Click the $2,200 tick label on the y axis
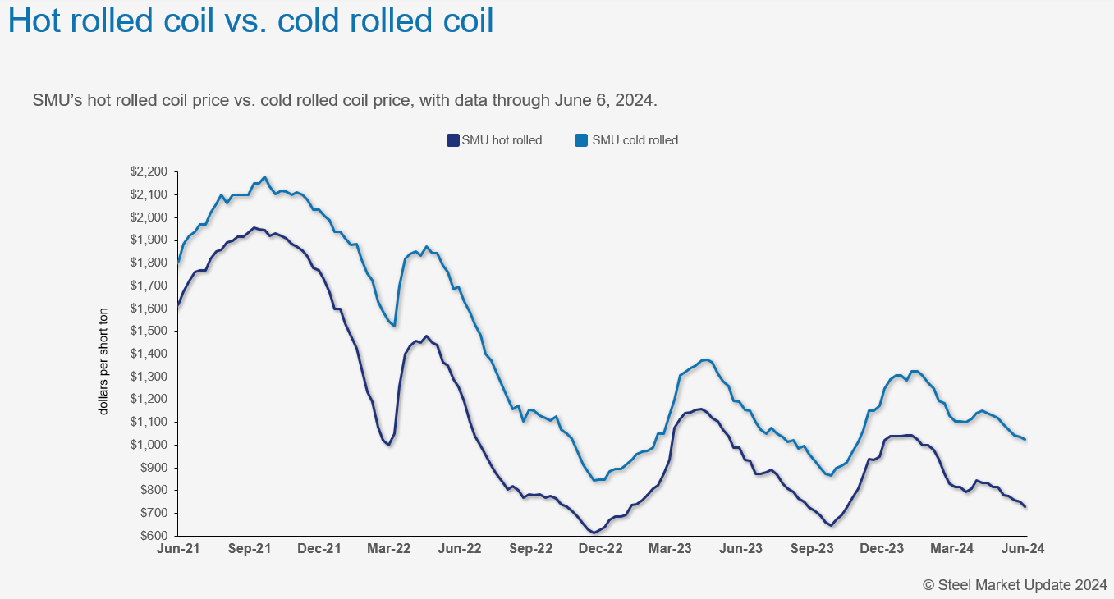(x=149, y=171)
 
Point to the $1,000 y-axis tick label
(x=149, y=445)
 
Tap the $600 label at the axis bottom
(x=153, y=536)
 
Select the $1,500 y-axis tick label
(x=149, y=331)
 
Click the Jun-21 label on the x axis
(x=178, y=549)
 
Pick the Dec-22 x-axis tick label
(x=601, y=549)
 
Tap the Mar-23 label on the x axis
(x=671, y=549)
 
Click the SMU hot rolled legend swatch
(x=452, y=140)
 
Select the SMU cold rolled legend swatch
(x=581, y=140)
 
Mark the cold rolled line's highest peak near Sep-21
(x=264, y=176)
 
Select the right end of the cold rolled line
(x=1025, y=439)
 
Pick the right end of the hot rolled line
(x=1025, y=506)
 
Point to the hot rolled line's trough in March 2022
(x=388, y=446)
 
